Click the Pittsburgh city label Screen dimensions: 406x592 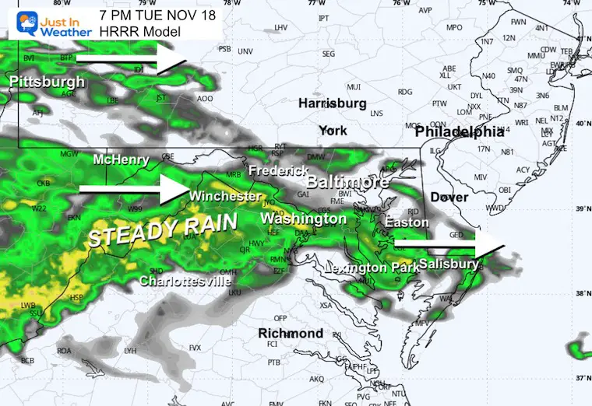click(x=47, y=82)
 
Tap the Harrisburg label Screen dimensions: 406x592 click(x=333, y=103)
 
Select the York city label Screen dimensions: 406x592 click(x=333, y=131)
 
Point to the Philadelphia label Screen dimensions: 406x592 click(x=460, y=133)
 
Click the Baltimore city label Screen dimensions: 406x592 click(x=347, y=183)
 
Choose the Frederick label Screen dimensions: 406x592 click(x=273, y=170)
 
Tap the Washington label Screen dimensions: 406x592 click(x=303, y=219)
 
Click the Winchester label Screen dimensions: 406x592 click(x=224, y=195)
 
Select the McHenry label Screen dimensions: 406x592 click(x=121, y=159)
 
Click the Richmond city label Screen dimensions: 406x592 click(x=291, y=333)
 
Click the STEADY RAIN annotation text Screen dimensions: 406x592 click(x=163, y=229)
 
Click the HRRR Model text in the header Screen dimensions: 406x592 click(x=140, y=32)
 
